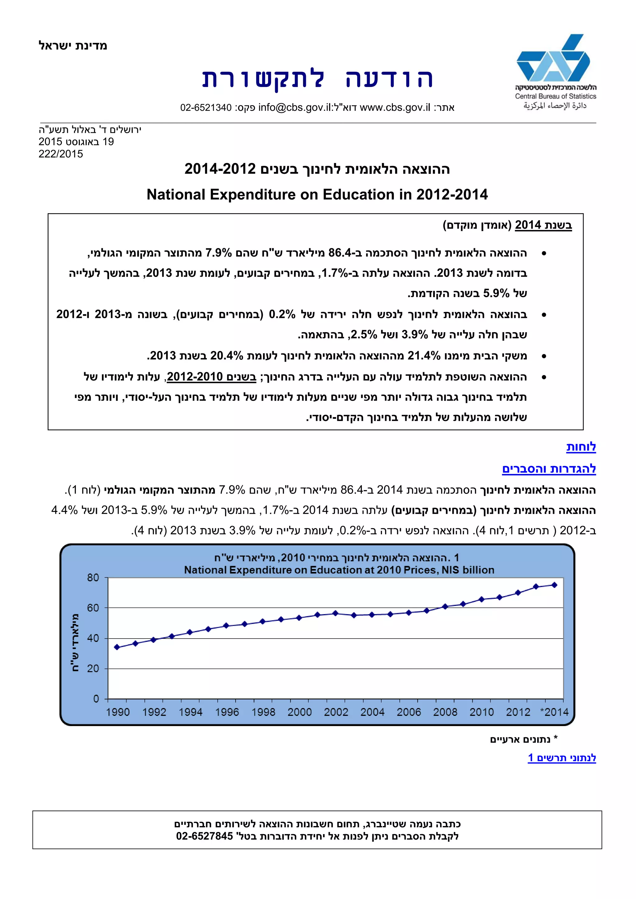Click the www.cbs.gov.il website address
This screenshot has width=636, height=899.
pos(395,108)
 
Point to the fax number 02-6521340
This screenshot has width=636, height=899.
pos(206,108)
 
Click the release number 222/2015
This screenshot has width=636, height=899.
pos(61,154)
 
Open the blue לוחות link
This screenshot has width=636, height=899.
pos(581,447)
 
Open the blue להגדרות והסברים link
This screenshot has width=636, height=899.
pos(549,469)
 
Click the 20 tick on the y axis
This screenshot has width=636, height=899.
pos(93,668)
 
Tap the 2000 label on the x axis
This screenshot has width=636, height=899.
pos(300,712)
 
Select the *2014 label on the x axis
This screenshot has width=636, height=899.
pos(554,712)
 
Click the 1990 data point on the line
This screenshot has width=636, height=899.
pos(117,647)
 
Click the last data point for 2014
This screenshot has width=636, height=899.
pos(554,585)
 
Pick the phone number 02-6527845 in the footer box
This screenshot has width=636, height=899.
pos(204,836)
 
